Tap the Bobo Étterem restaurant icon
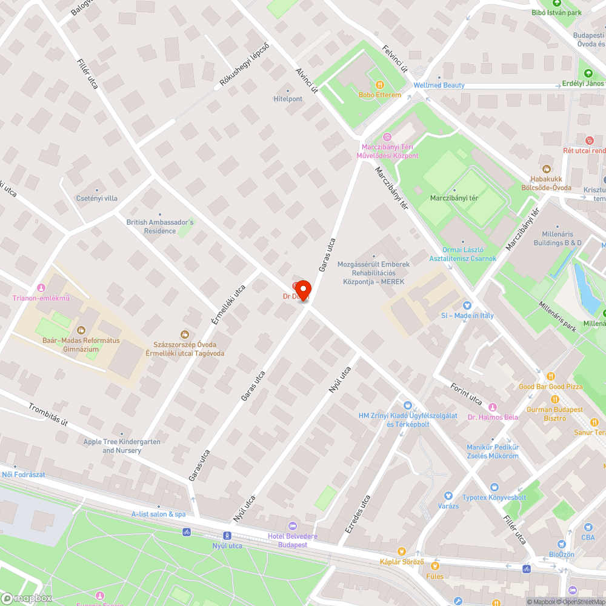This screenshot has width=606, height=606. click(x=380, y=85)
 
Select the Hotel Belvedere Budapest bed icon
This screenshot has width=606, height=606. click(x=293, y=525)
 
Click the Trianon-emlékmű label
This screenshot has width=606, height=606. click(x=41, y=298)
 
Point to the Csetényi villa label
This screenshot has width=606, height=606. click(x=96, y=198)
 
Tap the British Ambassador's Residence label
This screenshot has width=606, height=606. click(x=160, y=226)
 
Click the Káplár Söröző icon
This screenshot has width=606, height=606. click(x=401, y=551)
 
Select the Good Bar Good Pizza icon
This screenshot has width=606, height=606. click(x=550, y=376)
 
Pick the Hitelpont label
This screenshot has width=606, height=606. click(x=288, y=99)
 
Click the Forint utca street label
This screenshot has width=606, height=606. click(x=466, y=395)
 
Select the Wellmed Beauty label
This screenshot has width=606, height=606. click(x=439, y=85)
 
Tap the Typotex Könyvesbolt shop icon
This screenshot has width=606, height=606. click(x=493, y=487)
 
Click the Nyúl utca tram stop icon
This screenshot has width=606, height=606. click(x=227, y=536)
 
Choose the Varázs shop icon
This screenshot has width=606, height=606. click(x=448, y=496)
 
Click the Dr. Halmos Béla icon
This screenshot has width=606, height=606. click(x=493, y=407)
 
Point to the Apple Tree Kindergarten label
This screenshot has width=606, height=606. click(x=122, y=446)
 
